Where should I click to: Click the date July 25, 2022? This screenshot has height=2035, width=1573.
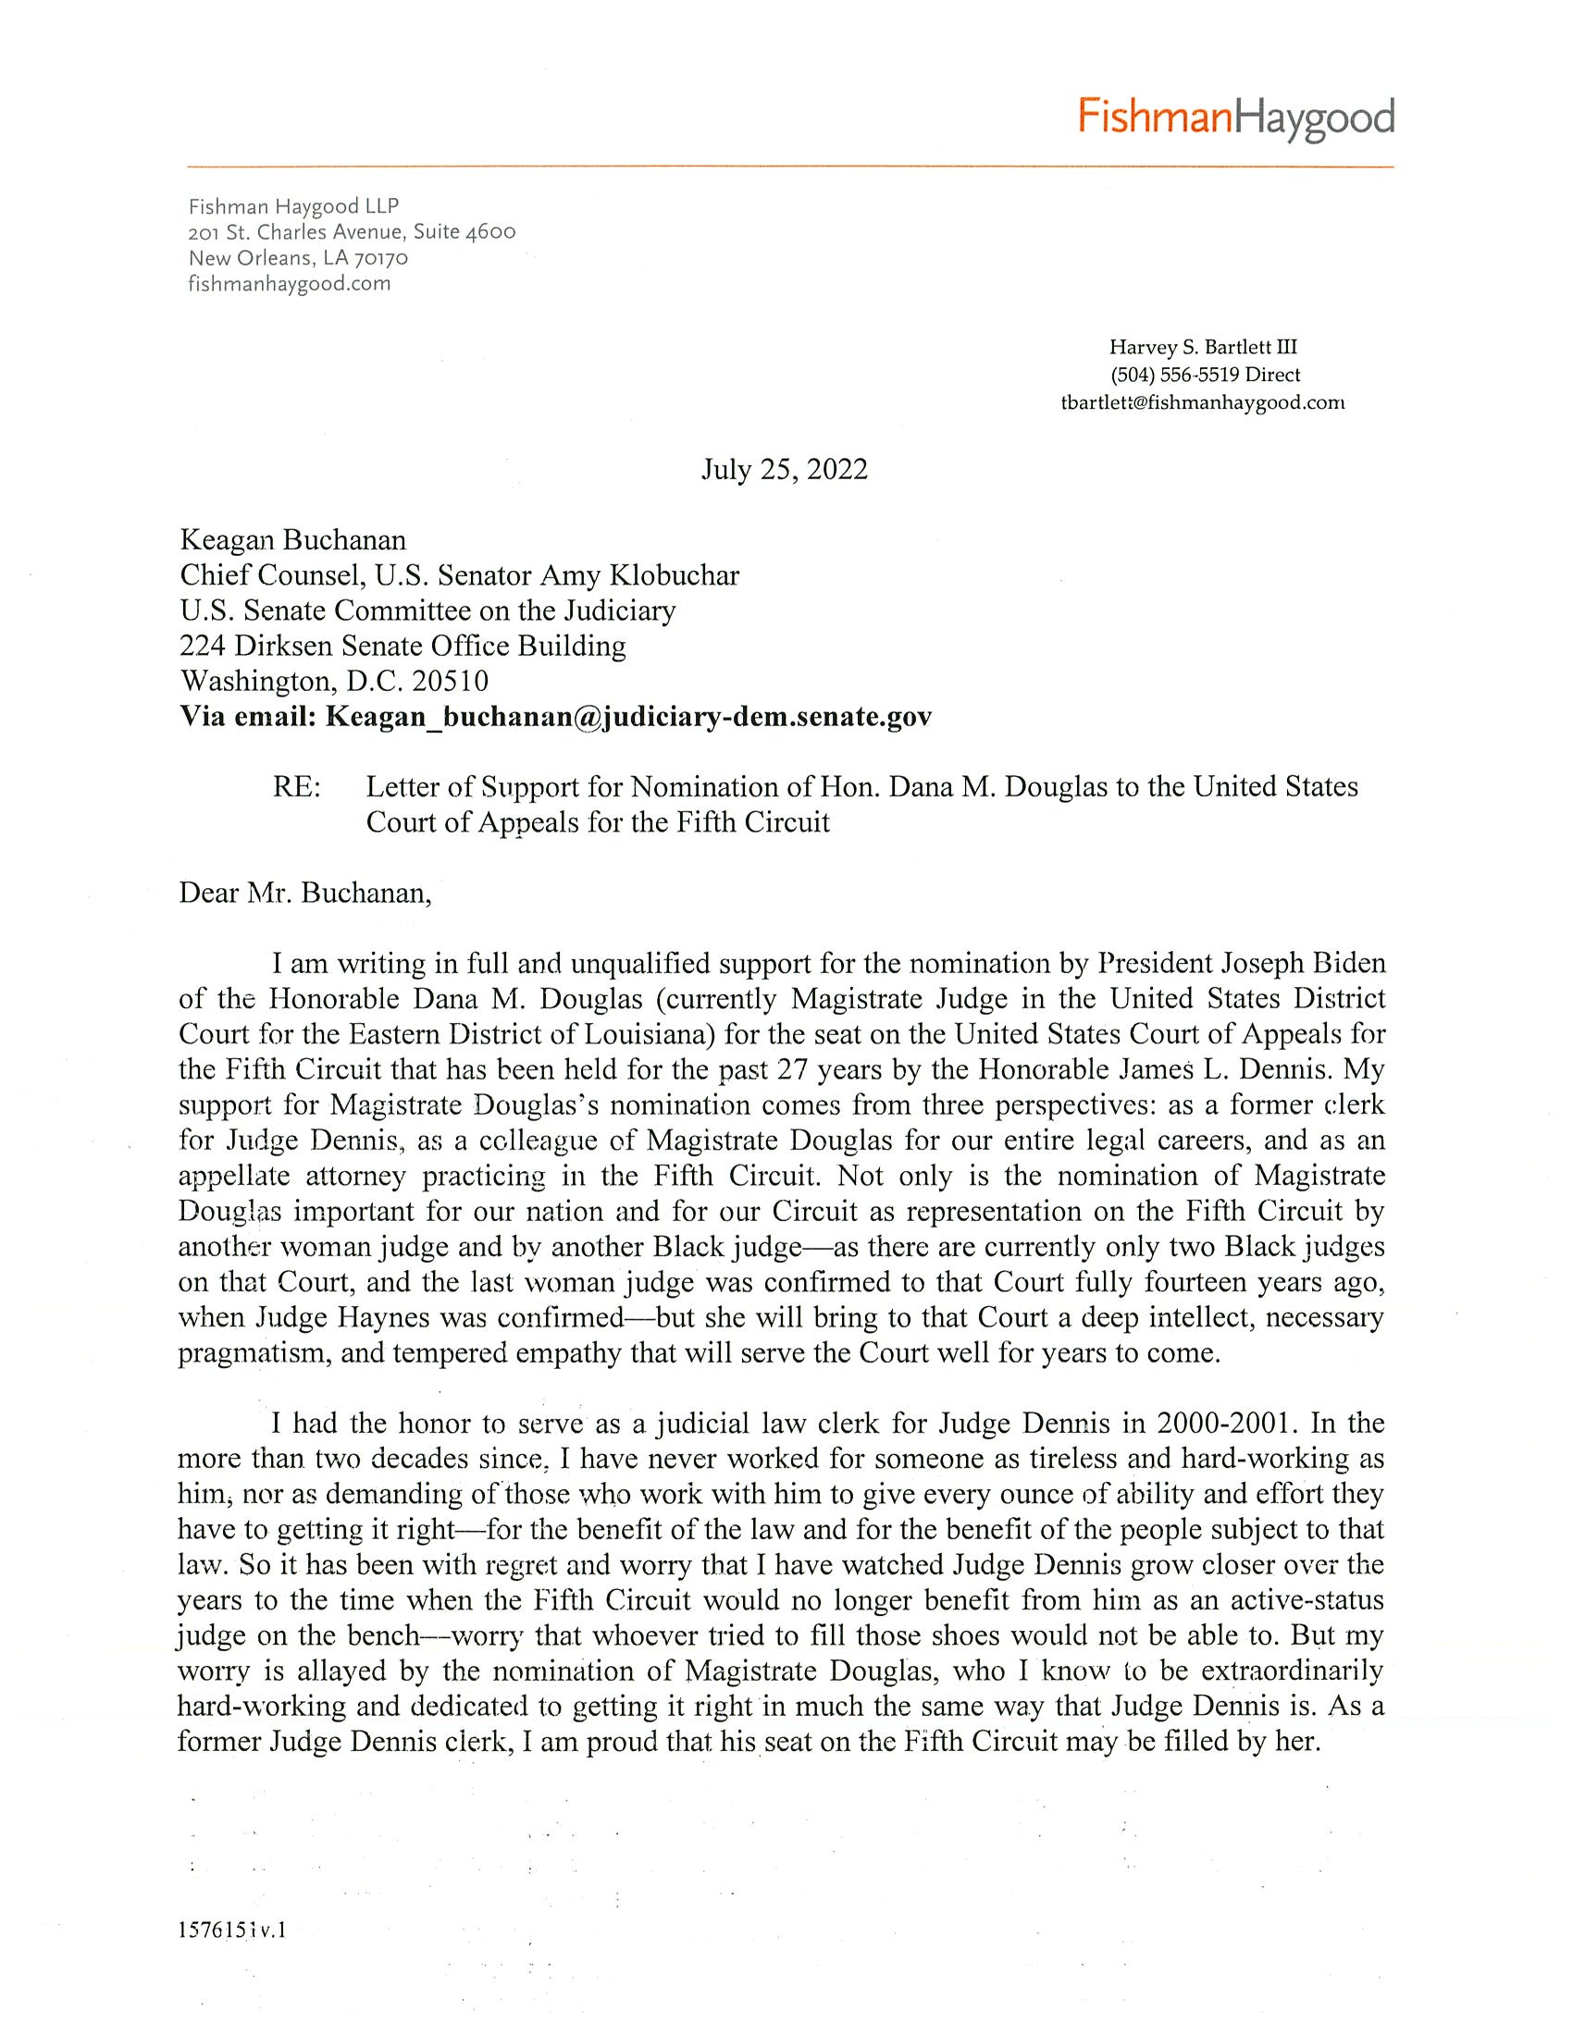tap(784, 469)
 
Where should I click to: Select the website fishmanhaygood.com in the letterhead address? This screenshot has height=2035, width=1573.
tap(289, 283)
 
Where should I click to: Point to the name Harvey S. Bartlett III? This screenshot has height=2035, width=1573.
tap(1202, 348)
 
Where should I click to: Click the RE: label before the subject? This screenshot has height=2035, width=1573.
tap(296, 786)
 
